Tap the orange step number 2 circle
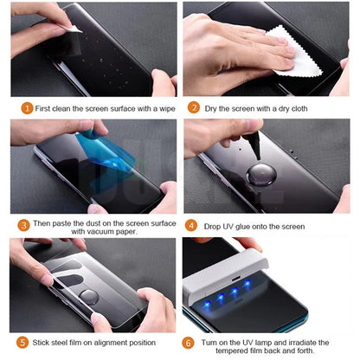pos(196,108)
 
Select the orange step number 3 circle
pos(23,224)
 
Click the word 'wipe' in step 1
pos(161,108)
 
